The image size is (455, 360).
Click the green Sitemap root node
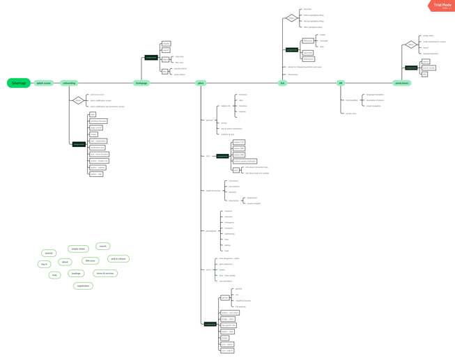(x=19, y=83)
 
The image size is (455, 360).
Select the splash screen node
(x=44, y=83)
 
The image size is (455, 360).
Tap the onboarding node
(x=69, y=83)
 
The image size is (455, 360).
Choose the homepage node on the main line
(x=141, y=83)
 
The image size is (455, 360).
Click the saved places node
(x=402, y=83)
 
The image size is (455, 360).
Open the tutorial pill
(x=49, y=253)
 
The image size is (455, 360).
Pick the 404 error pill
(x=90, y=260)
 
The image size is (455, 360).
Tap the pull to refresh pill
(x=118, y=259)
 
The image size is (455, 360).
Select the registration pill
(x=83, y=285)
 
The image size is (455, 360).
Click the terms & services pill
(x=105, y=274)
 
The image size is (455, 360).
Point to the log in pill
(x=45, y=265)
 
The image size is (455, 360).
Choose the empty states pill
(x=78, y=249)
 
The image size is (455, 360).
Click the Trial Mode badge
(x=442, y=6)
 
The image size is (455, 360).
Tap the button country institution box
(x=245, y=161)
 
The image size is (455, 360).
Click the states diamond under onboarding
(x=78, y=101)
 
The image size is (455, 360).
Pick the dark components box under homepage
(x=151, y=57)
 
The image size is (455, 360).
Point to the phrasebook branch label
(x=211, y=230)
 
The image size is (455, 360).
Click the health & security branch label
(x=213, y=191)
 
